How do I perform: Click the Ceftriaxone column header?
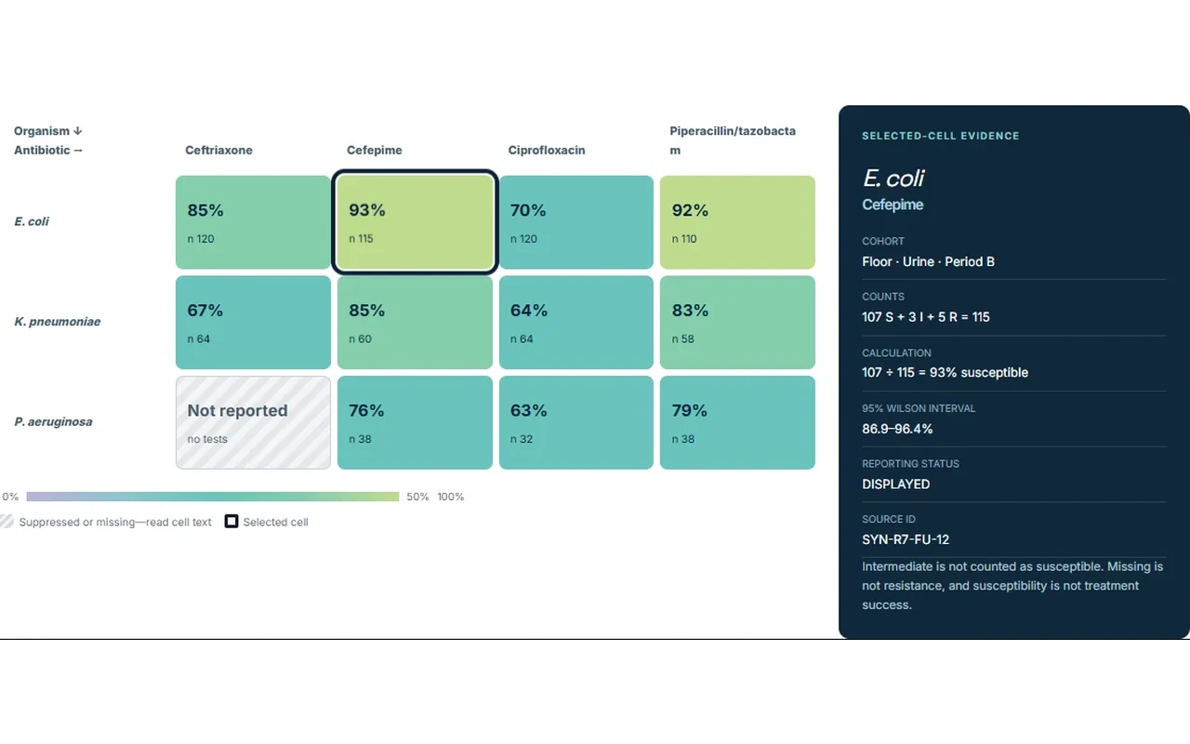(218, 151)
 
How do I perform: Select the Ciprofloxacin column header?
(546, 151)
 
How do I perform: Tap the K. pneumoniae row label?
(58, 322)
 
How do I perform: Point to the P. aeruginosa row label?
(53, 422)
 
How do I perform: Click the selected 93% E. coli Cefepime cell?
(415, 221)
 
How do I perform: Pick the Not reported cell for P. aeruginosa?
(253, 422)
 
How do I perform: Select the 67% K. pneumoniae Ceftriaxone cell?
(253, 322)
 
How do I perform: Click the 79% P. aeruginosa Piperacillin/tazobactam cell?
(737, 422)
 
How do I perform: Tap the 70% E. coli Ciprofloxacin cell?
(575, 222)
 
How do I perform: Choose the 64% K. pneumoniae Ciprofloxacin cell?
(575, 322)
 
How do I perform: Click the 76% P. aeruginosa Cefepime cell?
(415, 422)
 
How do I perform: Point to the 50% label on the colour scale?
(417, 497)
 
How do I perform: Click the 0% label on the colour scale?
(10, 497)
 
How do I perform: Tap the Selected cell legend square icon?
(231, 522)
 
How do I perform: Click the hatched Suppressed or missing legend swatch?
(7, 522)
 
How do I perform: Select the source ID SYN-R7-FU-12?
(906, 540)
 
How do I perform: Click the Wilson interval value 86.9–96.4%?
(897, 429)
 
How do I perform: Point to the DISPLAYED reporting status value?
(895, 485)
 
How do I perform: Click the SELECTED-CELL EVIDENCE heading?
(940, 136)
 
